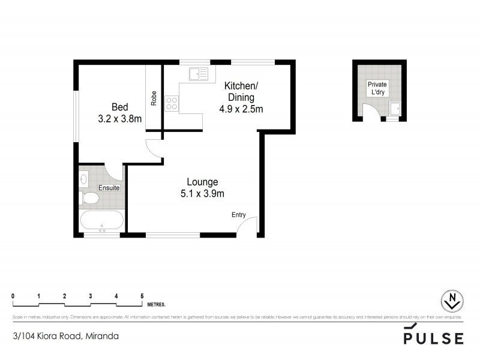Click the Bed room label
click(x=120, y=107)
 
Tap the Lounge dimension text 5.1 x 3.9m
click(x=202, y=193)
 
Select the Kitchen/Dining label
click(x=239, y=91)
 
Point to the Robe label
click(x=154, y=98)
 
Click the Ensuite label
click(x=109, y=188)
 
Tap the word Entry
click(x=239, y=214)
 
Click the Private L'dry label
click(x=377, y=89)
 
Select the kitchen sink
click(x=198, y=74)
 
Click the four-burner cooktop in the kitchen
click(x=172, y=103)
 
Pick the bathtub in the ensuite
click(x=101, y=221)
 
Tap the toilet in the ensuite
click(x=89, y=198)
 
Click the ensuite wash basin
click(x=83, y=178)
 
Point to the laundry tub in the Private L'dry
click(x=395, y=109)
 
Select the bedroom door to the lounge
click(x=155, y=149)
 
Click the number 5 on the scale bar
click(x=142, y=296)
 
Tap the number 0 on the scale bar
click(x=13, y=296)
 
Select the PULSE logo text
click(x=433, y=338)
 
